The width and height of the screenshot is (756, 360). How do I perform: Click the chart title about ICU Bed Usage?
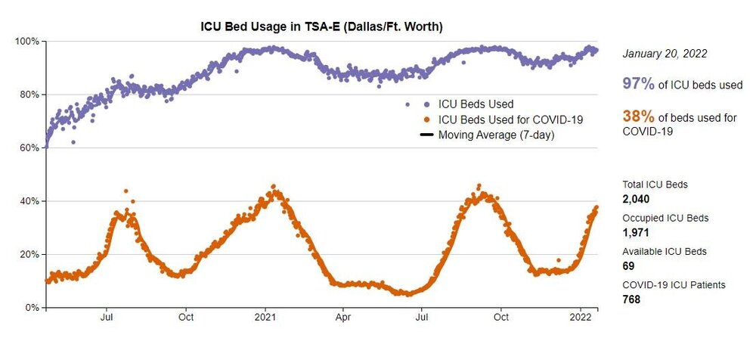point(321,27)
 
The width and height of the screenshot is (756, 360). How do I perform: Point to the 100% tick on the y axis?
point(28,41)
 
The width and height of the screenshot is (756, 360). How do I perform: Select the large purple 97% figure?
point(638,84)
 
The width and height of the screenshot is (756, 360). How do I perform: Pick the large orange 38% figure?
point(638,116)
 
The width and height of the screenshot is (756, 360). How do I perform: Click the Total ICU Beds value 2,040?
point(636,199)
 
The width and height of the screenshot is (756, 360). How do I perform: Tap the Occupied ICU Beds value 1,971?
point(635,232)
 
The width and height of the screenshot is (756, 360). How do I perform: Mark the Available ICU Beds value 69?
point(628,265)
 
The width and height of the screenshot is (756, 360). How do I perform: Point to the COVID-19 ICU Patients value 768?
point(631,299)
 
